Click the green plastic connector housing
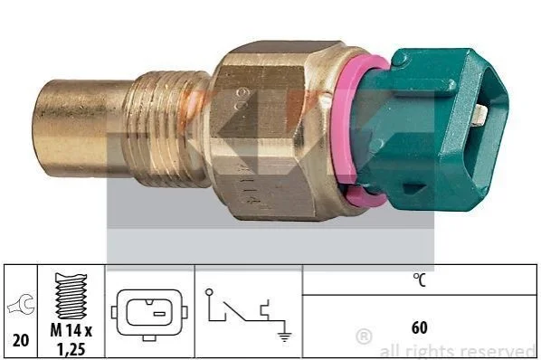[432, 131]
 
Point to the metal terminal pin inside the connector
[479, 115]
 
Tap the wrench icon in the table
[22, 304]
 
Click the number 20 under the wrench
[21, 340]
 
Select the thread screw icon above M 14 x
[71, 296]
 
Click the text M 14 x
[71, 331]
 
